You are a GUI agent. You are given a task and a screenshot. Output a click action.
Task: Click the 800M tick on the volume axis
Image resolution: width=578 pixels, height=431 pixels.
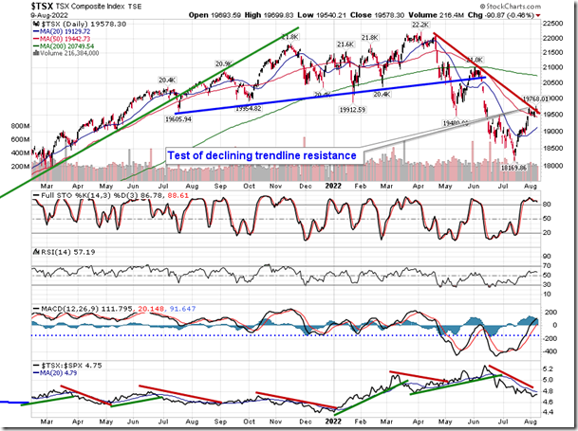point(15,125)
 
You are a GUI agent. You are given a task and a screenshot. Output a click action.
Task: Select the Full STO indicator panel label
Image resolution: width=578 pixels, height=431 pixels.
point(57,196)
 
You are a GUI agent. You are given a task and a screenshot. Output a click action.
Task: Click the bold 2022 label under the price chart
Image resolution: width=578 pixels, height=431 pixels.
point(333,186)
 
